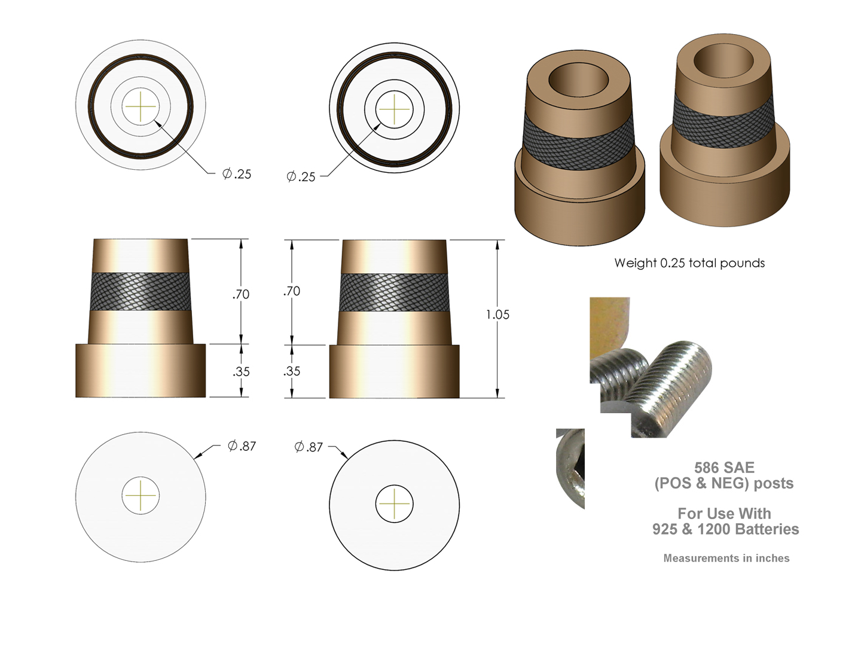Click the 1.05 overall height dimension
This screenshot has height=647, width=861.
[497, 315]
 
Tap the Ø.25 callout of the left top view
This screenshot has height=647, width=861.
[237, 174]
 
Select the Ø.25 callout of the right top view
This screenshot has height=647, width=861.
[301, 176]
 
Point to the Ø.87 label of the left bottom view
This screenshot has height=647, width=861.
[242, 446]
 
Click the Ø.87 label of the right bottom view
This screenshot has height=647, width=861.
[309, 447]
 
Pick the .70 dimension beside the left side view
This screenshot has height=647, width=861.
[240, 294]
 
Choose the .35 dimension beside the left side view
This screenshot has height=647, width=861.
[240, 371]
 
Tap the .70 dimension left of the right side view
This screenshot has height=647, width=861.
[291, 291]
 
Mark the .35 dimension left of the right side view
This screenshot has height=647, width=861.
[291, 371]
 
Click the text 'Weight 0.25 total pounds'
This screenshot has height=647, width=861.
[689, 263]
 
